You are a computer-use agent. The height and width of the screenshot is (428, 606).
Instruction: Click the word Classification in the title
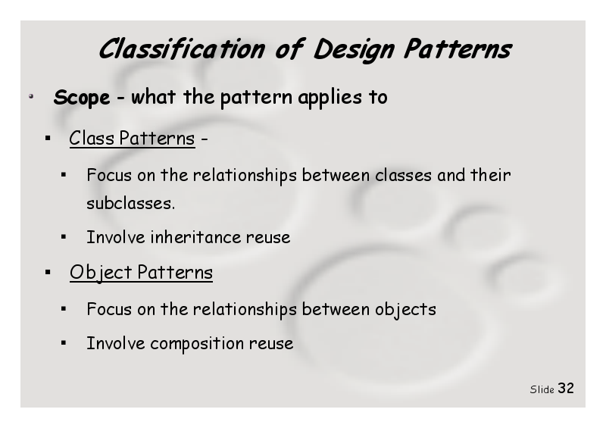tap(182, 49)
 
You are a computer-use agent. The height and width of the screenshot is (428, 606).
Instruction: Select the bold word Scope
tap(82, 98)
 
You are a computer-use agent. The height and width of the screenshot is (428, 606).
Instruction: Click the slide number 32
tap(566, 388)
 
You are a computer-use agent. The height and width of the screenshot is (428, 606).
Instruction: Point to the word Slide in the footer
tap(542, 389)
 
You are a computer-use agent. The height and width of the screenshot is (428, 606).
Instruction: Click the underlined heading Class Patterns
tap(132, 139)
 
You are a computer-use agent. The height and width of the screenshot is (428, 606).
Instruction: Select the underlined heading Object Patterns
tap(141, 273)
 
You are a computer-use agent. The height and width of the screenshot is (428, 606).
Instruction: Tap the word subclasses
tap(130, 203)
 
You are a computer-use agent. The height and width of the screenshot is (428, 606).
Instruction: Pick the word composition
tap(197, 344)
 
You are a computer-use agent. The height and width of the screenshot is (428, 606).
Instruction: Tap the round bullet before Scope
tap(31, 96)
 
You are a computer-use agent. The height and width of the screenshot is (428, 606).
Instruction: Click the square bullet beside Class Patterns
tap(48, 138)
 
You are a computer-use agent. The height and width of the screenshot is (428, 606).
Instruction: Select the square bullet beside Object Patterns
tap(48, 273)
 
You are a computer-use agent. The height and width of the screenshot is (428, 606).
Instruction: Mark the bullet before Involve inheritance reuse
tap(64, 236)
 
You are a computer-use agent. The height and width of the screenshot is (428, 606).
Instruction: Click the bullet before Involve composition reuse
tap(64, 342)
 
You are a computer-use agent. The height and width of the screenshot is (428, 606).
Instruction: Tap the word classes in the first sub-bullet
tap(403, 176)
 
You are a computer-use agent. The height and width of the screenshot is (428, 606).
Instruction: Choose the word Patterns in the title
tap(458, 49)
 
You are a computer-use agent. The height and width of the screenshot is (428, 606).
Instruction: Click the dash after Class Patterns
tap(205, 139)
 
